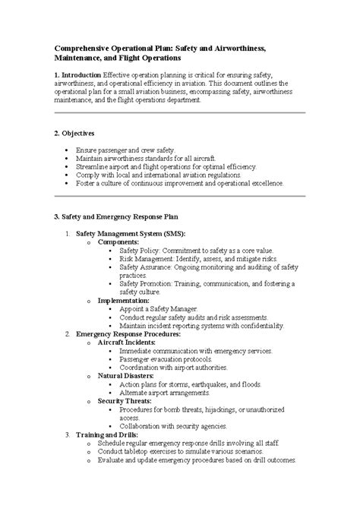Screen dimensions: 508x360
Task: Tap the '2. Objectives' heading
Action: tap(78, 133)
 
